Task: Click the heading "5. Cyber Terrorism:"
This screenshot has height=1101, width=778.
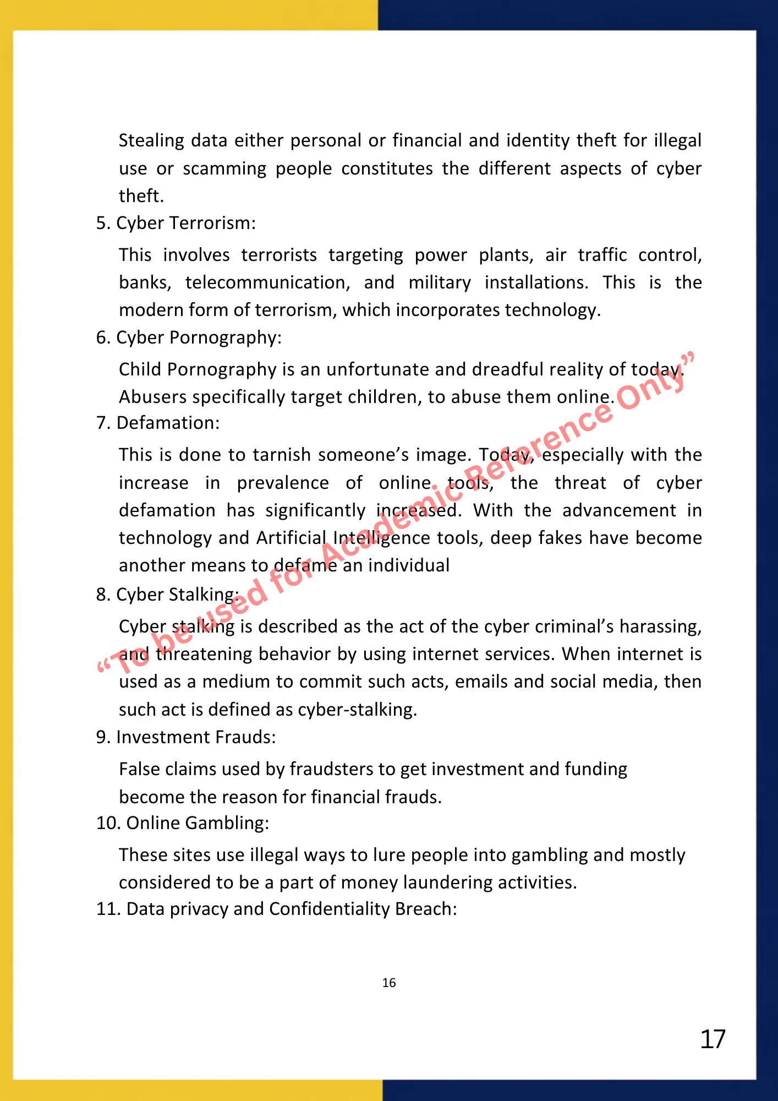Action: point(176,223)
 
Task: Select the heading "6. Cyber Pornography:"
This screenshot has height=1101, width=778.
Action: point(188,337)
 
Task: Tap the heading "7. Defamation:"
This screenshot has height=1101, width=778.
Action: point(157,423)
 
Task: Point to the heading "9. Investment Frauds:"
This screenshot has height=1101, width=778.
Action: point(185,737)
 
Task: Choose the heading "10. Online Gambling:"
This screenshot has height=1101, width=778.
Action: point(182,823)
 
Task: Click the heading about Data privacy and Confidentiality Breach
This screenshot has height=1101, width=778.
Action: point(276,909)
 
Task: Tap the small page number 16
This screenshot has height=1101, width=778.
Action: point(389,983)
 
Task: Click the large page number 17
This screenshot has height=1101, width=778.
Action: point(713,1039)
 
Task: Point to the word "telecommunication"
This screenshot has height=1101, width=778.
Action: point(267,283)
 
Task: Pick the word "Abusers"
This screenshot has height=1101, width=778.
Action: point(154,397)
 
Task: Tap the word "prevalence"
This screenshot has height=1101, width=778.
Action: point(283,483)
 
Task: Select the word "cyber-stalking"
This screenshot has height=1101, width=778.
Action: point(357,710)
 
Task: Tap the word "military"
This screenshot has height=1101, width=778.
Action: point(440,283)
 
